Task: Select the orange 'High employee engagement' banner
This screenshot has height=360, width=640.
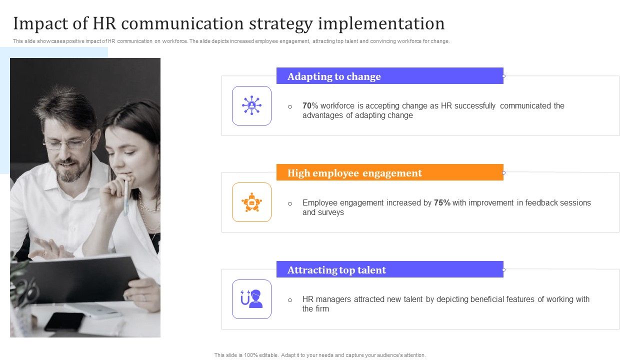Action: (x=389, y=172)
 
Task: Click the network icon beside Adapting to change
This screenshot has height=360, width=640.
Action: (x=251, y=105)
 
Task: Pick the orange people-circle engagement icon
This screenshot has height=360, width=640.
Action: (x=251, y=202)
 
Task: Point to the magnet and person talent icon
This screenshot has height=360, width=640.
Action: (x=251, y=299)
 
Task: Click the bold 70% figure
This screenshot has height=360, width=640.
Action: (x=310, y=106)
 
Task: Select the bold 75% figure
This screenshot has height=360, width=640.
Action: (x=442, y=203)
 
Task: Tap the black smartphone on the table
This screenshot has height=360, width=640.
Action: (x=64, y=321)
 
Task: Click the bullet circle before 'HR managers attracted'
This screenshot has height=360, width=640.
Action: (x=290, y=300)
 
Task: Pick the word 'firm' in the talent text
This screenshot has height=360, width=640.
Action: (x=322, y=309)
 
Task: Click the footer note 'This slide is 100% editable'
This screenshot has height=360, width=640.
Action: (x=320, y=355)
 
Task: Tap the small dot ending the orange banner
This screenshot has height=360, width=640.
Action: (x=503, y=172)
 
